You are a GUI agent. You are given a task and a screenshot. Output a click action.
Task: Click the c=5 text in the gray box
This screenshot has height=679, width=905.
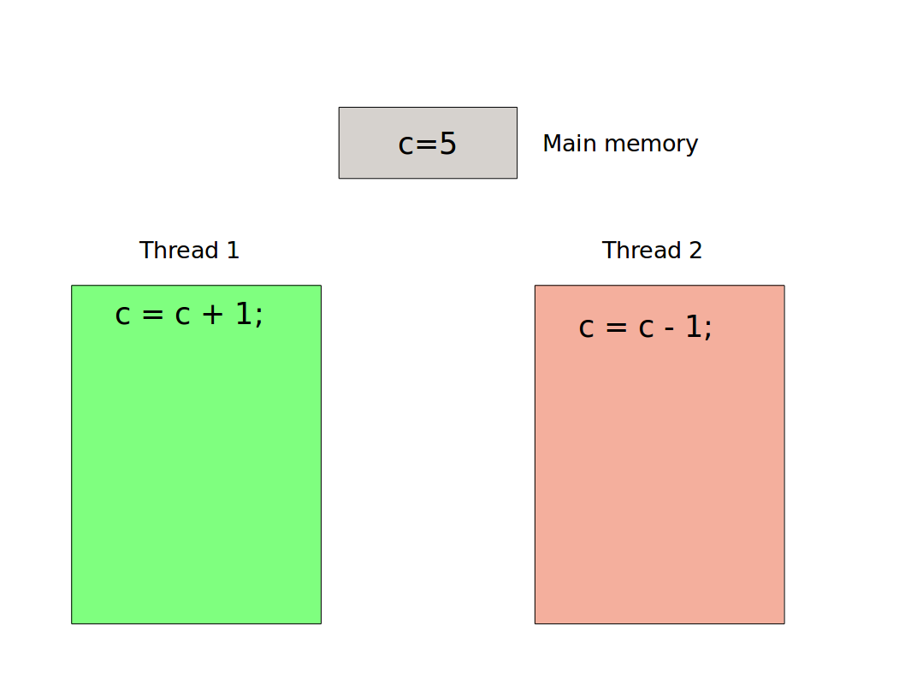click(x=427, y=144)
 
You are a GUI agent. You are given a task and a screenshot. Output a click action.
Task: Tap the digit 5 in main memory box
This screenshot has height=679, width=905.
click(x=448, y=144)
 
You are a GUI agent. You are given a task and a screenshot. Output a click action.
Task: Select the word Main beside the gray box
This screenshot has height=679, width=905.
click(x=568, y=144)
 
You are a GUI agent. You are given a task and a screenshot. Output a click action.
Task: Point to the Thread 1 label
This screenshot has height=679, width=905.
click(x=189, y=251)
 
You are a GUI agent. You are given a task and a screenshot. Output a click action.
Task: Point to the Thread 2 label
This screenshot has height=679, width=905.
click(x=652, y=251)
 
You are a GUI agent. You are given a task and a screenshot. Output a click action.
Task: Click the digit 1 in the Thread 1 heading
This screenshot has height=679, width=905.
click(x=232, y=251)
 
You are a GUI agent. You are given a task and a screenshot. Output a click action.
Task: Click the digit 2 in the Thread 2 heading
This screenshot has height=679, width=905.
click(x=695, y=251)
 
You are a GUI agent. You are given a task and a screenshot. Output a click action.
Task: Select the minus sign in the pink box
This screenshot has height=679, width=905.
click(x=670, y=328)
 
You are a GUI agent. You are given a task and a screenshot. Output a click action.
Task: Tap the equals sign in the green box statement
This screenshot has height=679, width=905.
click(x=151, y=316)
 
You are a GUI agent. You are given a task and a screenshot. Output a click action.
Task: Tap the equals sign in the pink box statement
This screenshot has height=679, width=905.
click(x=615, y=328)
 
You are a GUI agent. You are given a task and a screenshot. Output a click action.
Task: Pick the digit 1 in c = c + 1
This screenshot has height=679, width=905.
click(x=244, y=315)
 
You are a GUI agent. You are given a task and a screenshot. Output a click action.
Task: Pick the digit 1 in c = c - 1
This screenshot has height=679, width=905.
click(x=693, y=328)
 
